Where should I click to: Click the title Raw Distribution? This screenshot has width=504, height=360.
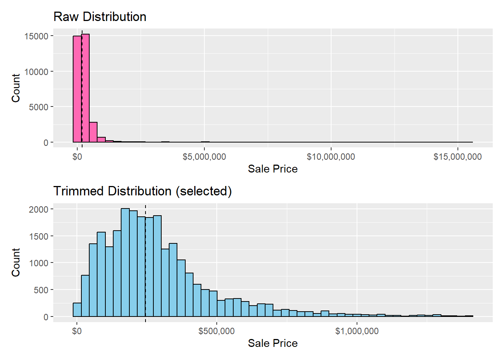100,17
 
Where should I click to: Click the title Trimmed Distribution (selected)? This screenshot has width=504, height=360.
142,191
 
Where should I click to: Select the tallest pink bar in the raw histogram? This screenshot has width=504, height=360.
85,88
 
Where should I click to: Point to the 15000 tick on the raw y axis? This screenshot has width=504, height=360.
36,36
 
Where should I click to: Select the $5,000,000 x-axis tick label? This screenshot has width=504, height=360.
204,157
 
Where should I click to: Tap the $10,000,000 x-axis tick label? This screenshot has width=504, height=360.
331,157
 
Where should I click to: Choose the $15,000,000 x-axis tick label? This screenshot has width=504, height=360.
457,157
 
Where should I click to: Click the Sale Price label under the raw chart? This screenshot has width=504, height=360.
273,169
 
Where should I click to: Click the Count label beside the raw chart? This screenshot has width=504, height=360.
16,88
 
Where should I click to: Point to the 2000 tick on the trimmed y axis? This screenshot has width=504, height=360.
39,210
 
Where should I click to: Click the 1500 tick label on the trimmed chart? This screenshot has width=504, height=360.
39,237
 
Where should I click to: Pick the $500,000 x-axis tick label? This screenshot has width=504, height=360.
216,331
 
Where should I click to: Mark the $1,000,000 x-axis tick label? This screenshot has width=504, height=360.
357,331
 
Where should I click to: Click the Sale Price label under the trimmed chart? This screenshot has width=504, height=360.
273,343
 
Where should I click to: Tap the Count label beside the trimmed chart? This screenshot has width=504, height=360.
16,262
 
